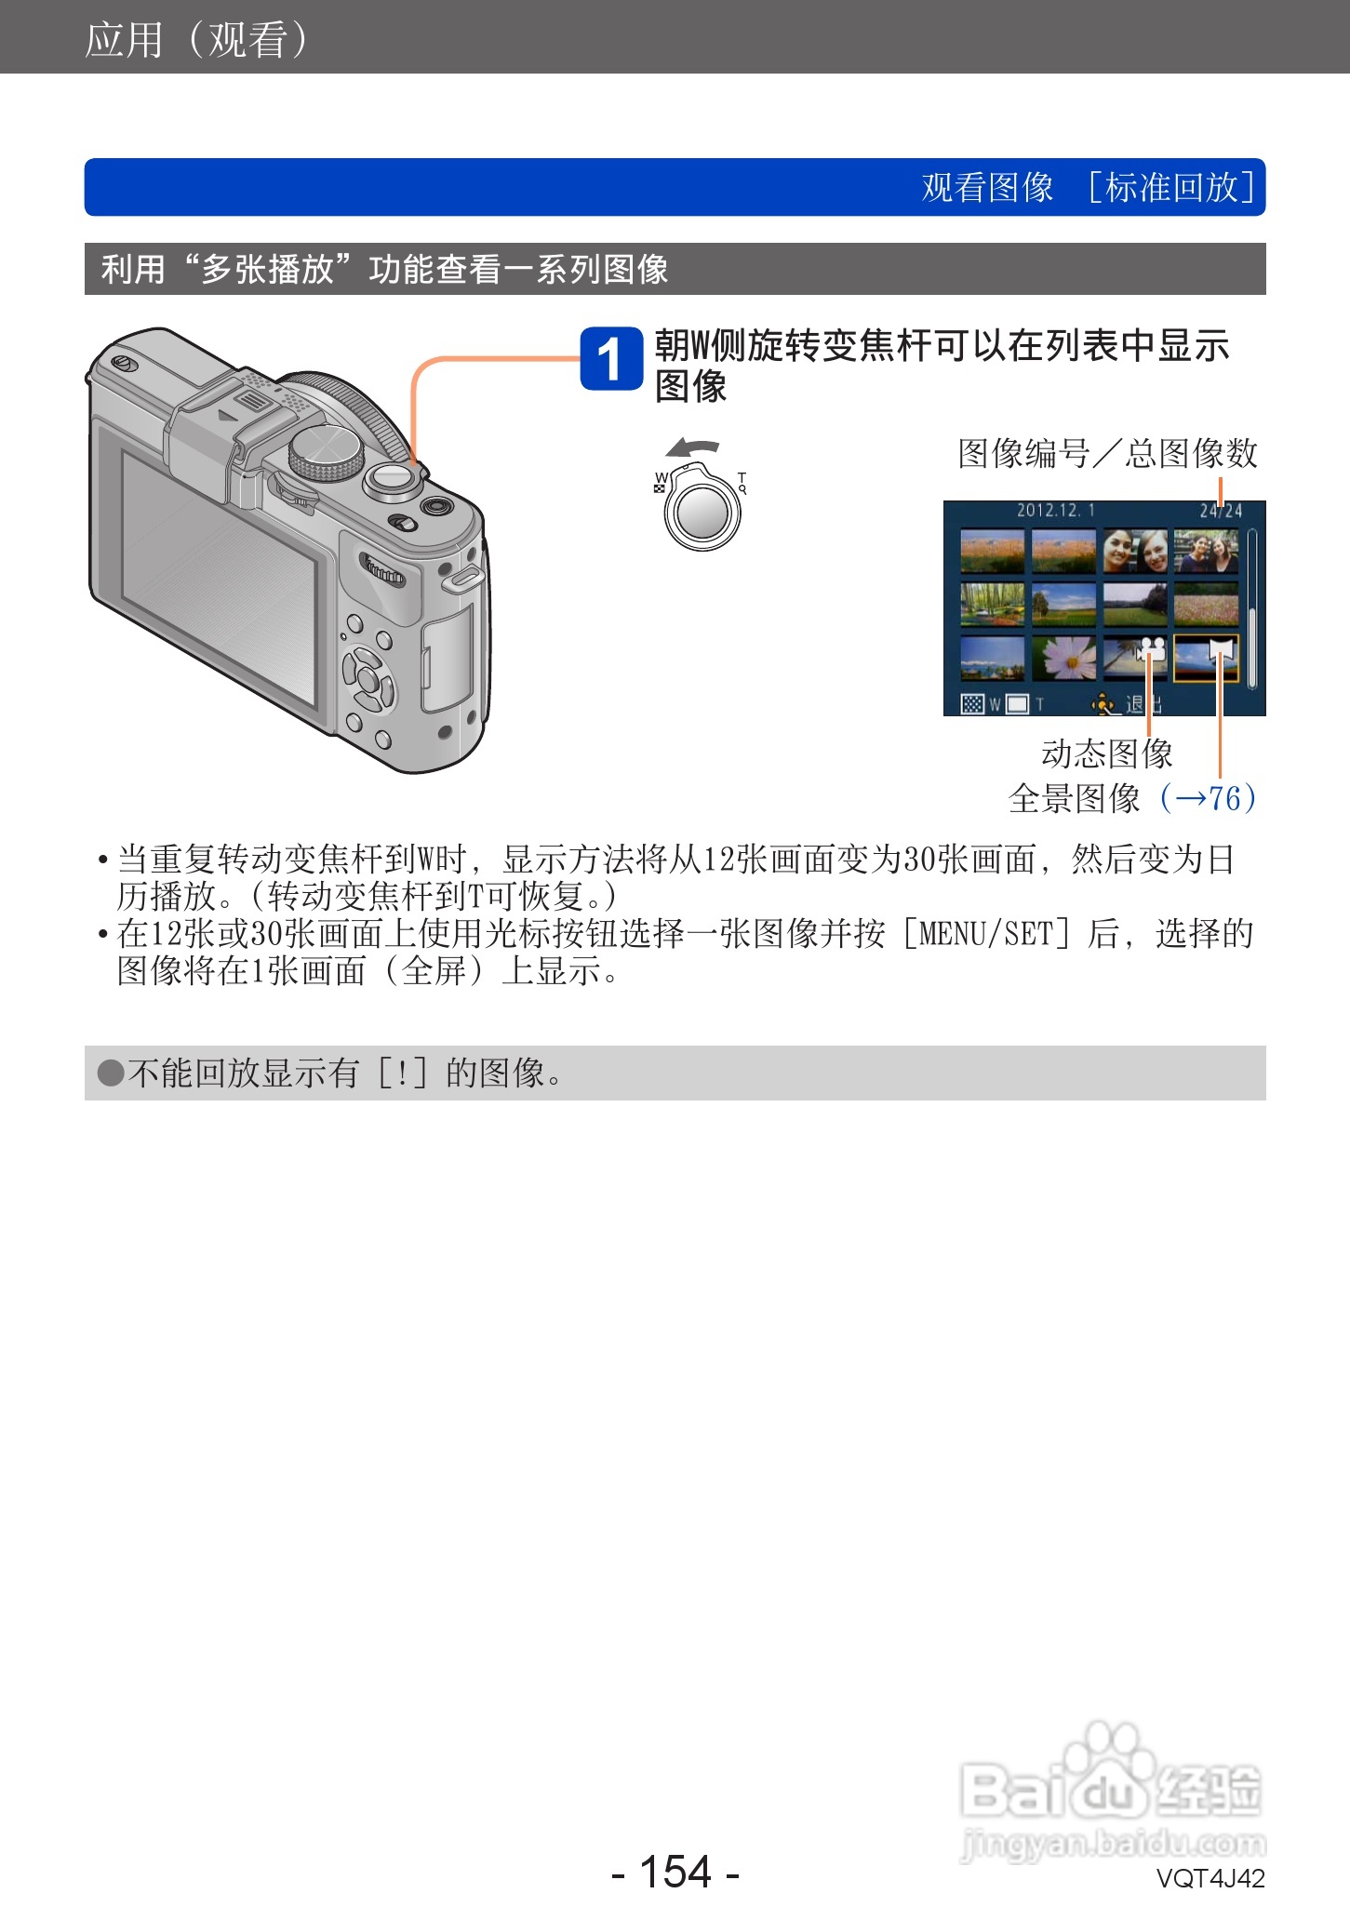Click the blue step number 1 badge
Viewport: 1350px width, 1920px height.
[x=610, y=359]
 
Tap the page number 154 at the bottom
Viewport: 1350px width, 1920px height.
[x=675, y=1871]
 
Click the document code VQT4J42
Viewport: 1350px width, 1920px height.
[x=1210, y=1878]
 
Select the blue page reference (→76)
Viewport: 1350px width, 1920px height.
[x=1208, y=798]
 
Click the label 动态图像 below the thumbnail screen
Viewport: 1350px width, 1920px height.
[x=1106, y=753]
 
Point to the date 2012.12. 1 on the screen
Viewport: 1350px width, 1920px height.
[x=1055, y=511]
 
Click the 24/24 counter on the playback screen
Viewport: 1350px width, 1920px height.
[x=1220, y=511]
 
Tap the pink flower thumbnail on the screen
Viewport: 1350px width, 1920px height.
[x=1063, y=658]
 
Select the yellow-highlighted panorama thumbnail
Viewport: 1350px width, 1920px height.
[x=1206, y=659]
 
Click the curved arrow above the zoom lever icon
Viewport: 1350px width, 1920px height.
[x=692, y=448]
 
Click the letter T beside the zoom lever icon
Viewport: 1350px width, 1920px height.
[x=742, y=478]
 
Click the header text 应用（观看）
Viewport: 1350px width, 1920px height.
[x=195, y=39]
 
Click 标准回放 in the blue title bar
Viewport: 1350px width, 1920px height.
[x=1171, y=187]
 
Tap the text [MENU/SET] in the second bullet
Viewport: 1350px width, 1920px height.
[x=985, y=933]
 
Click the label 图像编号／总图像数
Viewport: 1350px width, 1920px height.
[x=1107, y=454]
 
